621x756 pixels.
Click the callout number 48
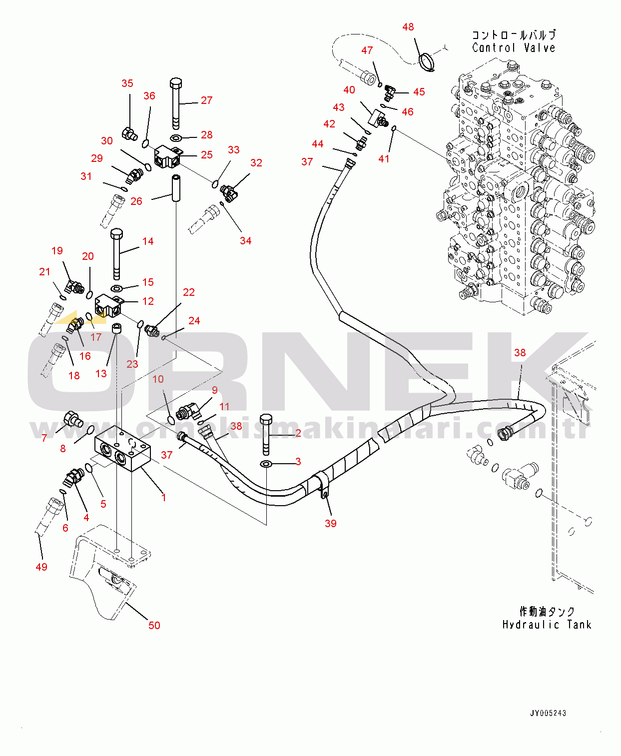pos(408,27)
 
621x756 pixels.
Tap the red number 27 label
pos(206,100)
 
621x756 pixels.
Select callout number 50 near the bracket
pos(154,625)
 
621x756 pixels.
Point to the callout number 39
pos(330,523)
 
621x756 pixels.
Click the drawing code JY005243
pos(548,713)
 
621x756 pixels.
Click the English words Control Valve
pos(514,48)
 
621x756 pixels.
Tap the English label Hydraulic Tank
pos(547,625)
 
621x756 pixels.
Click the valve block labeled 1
pos(122,449)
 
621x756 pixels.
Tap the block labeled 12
pos(108,306)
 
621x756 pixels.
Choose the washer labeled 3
pos(266,464)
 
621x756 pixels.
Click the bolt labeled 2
pos(265,433)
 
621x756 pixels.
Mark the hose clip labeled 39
pos(322,486)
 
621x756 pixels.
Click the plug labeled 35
pos(129,133)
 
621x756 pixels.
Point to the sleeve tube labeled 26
pos(176,187)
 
